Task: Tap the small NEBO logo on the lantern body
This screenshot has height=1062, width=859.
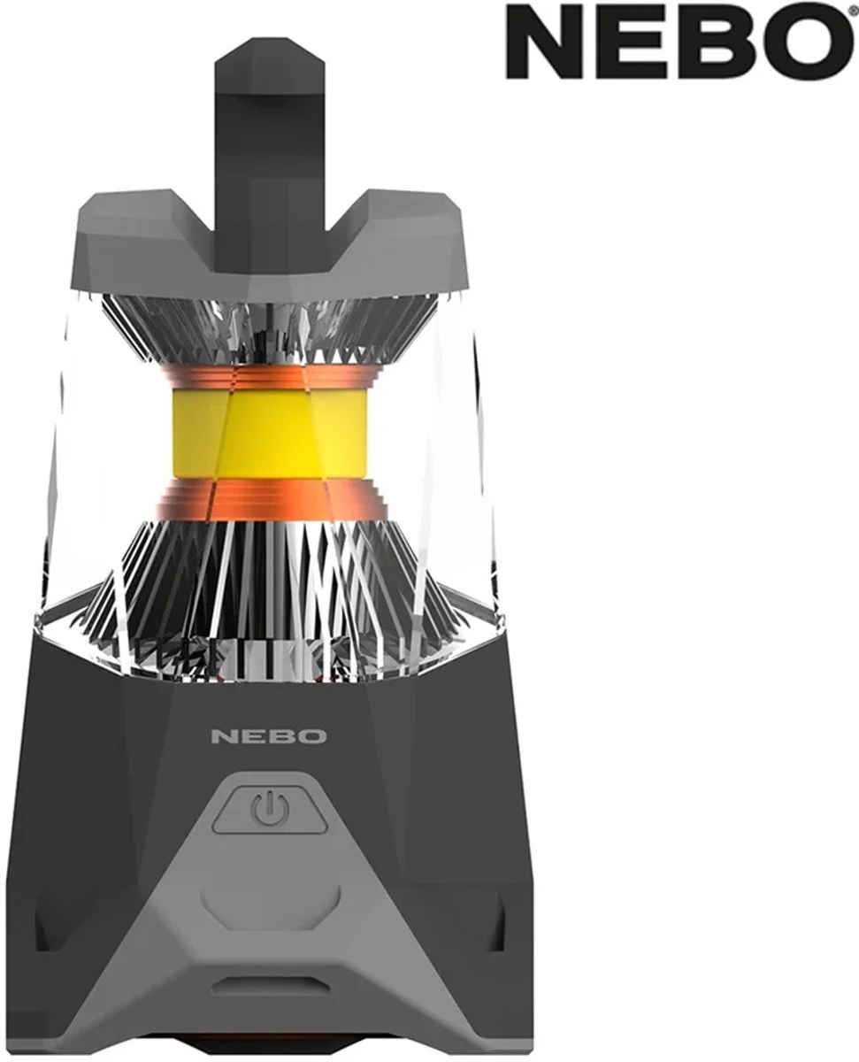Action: point(269,737)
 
